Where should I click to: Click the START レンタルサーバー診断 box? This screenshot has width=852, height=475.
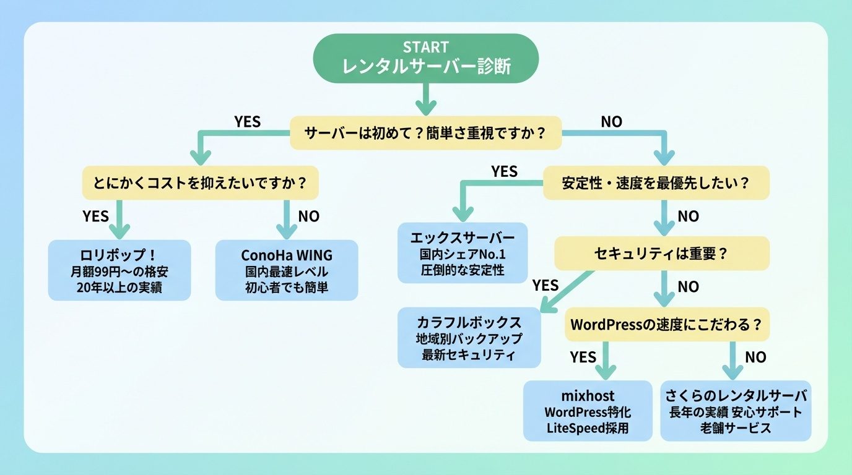[x=425, y=58]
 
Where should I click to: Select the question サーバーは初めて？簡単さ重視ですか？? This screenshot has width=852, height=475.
[x=426, y=133]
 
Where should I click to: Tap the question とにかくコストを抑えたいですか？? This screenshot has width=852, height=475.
[x=201, y=183]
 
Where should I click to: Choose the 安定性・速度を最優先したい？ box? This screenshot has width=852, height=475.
[x=656, y=183]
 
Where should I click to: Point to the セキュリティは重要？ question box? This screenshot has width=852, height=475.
[x=661, y=254]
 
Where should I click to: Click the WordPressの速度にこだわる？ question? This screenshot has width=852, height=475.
[x=666, y=325]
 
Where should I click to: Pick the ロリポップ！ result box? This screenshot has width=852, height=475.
[x=120, y=270]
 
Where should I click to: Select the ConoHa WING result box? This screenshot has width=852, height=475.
[x=287, y=270]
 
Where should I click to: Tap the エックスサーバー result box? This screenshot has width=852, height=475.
[x=463, y=253]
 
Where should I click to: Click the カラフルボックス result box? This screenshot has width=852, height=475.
[x=469, y=338]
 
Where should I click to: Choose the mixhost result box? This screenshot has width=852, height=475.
[x=588, y=411]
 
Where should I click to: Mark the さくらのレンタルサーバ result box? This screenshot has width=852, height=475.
[x=736, y=411]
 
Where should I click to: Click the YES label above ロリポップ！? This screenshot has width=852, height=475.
[x=95, y=216]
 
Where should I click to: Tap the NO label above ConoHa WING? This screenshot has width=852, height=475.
[x=309, y=216]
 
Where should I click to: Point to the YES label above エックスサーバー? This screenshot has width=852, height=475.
[x=504, y=172]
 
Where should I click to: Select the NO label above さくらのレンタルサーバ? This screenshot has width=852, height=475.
[x=755, y=357]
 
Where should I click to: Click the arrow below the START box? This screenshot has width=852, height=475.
[x=425, y=98]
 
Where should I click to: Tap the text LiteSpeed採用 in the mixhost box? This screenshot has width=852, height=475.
[x=588, y=427]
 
